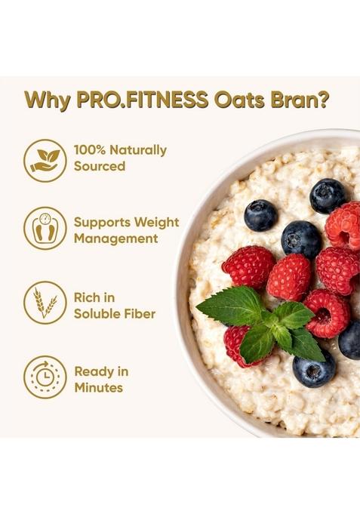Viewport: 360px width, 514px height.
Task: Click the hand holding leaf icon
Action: pos(45,159)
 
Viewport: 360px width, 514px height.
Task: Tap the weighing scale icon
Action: pos(45,229)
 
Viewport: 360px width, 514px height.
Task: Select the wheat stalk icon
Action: pos(45,303)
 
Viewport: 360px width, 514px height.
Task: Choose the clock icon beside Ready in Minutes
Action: pos(45,377)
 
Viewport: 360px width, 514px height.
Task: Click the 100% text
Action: pos(91,150)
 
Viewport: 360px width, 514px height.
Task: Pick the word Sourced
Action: pos(100,166)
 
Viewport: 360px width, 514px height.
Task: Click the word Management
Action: pos(115,239)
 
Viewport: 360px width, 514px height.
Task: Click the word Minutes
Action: pos(98,388)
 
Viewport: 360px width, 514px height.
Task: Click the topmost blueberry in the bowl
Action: pos(327,195)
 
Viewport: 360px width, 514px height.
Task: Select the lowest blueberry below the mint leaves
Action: pos(313,370)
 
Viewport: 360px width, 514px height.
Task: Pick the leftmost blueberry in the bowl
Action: pos(260,215)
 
